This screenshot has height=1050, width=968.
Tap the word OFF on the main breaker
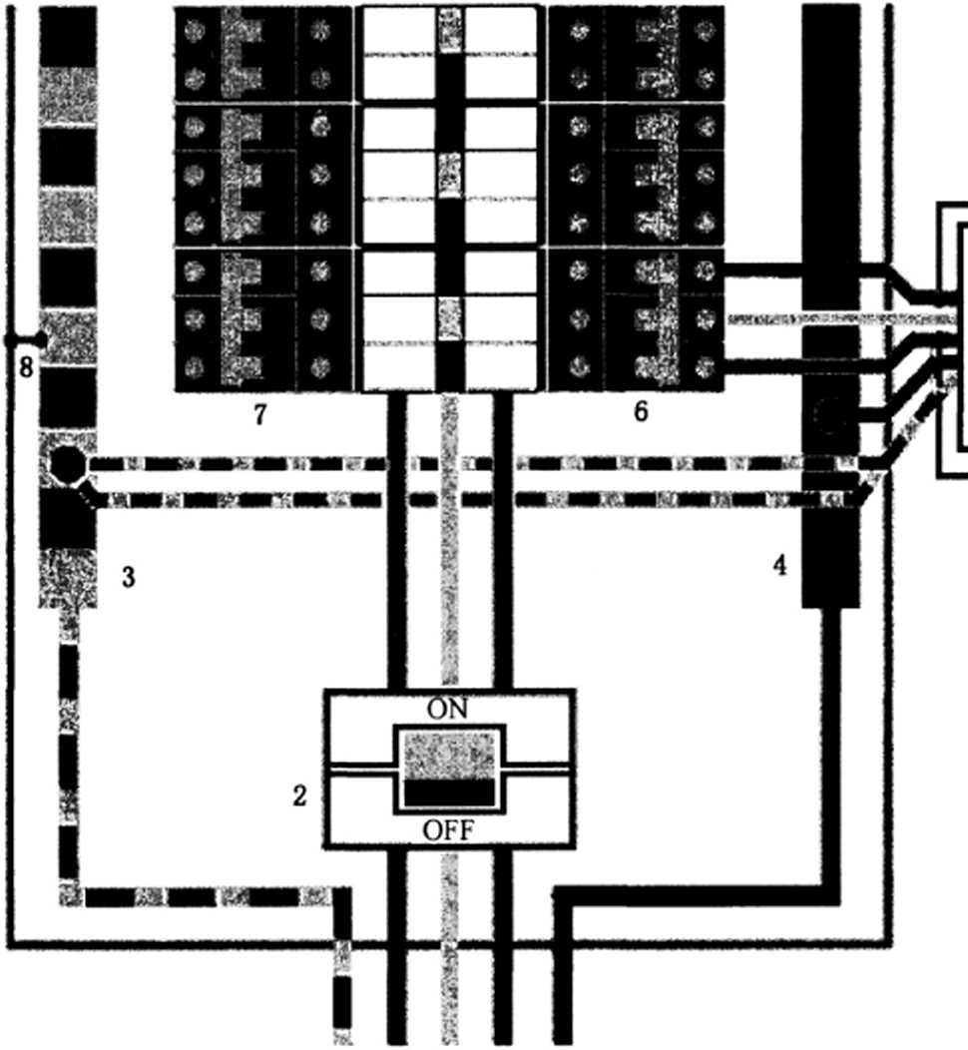[448, 829]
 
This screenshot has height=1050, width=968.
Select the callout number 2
[299, 795]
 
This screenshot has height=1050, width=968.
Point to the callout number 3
[128, 576]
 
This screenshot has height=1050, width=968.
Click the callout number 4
[779, 565]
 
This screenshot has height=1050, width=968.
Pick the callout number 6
[641, 410]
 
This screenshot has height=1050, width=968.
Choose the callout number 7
[259, 414]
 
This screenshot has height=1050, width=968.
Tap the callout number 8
[26, 368]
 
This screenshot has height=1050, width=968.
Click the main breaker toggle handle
[448, 767]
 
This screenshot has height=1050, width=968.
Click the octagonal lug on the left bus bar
[66, 464]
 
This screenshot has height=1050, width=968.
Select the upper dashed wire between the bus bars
[449, 464]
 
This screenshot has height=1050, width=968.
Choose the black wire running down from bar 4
[830, 749]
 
